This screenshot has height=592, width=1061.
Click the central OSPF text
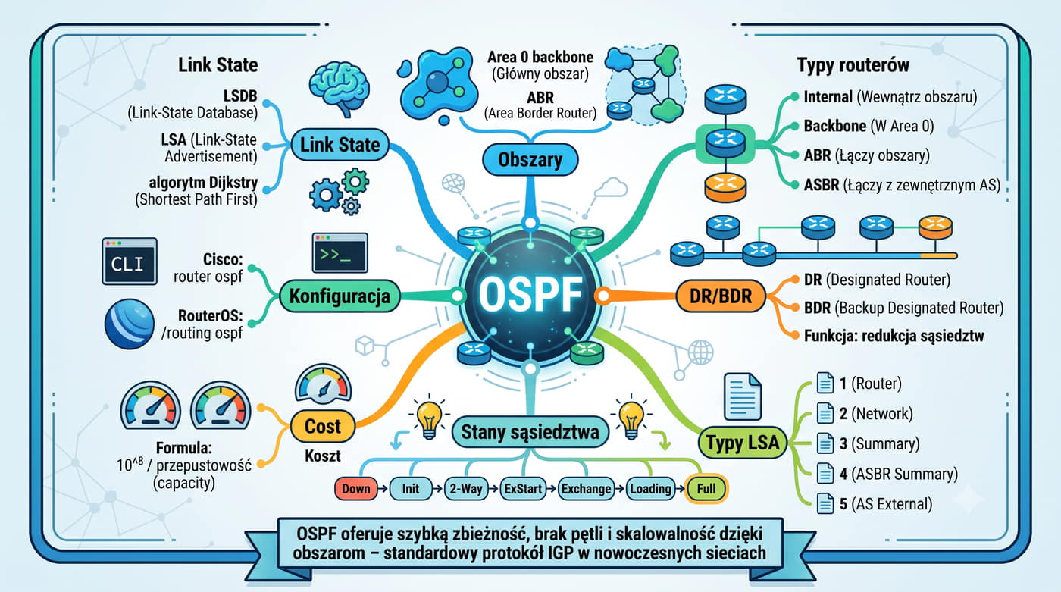(x=530, y=295)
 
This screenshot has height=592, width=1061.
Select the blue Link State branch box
(x=340, y=145)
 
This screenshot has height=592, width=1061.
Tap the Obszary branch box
(x=530, y=160)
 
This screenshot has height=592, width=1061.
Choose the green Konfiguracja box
(x=340, y=296)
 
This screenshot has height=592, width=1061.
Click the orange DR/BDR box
(x=721, y=296)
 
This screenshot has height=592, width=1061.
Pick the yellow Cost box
(x=323, y=426)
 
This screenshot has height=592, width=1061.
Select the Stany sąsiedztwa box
(x=530, y=432)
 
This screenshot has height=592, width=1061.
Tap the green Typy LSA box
(x=742, y=443)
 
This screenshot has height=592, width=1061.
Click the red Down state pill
(x=355, y=489)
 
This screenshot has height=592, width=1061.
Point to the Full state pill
(x=706, y=488)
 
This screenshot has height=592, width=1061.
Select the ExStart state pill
(x=522, y=489)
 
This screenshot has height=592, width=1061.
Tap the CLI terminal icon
(x=130, y=262)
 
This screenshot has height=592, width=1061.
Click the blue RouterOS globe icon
(x=130, y=324)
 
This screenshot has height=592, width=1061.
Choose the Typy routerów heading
(x=853, y=65)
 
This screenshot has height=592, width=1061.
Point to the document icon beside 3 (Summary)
(x=825, y=443)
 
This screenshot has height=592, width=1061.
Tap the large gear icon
(x=325, y=195)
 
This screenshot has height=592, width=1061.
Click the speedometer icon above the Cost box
(x=323, y=384)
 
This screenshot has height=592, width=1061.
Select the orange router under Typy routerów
(x=725, y=187)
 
